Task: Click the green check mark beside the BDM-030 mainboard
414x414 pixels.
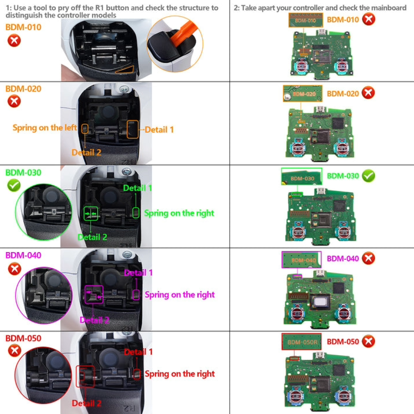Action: [368, 176]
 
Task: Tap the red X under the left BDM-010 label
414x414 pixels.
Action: [14, 41]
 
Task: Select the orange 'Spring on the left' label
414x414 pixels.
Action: [45, 128]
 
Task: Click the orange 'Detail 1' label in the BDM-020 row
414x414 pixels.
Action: [159, 130]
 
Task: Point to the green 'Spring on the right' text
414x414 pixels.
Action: [179, 213]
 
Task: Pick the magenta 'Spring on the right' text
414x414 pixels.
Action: [180, 295]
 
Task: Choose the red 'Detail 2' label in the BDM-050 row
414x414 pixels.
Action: [87, 403]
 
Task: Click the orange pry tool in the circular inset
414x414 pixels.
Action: [183, 32]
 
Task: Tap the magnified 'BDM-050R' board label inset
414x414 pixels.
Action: [301, 342]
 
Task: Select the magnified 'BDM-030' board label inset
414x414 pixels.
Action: [301, 176]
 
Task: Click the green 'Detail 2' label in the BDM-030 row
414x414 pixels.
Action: [92, 237]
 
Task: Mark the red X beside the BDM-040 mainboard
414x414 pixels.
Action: [368, 258]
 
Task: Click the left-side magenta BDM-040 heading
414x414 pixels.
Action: [23, 255]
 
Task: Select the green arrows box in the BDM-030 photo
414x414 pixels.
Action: [91, 213]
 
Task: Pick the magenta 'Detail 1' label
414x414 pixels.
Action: [138, 273]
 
